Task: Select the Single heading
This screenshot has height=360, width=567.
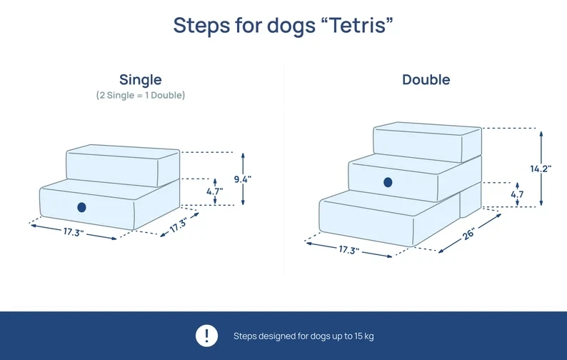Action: [x=141, y=79]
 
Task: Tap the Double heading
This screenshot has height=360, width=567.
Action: [x=426, y=79]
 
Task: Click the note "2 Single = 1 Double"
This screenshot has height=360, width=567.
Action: [x=141, y=95]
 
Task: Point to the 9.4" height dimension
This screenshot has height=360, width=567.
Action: [x=243, y=179]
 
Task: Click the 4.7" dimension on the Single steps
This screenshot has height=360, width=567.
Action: [x=214, y=191]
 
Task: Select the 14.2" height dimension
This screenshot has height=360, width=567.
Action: [x=541, y=169]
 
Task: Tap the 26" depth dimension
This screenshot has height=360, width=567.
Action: [x=468, y=234]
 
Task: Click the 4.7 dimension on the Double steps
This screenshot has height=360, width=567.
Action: [x=518, y=194]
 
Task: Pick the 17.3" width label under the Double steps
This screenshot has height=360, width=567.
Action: [x=348, y=250]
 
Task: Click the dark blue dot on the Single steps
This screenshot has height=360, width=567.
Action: [x=81, y=207]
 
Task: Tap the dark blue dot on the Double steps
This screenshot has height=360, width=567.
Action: [x=388, y=182]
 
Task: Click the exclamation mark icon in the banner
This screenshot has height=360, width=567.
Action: [x=206, y=336]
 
